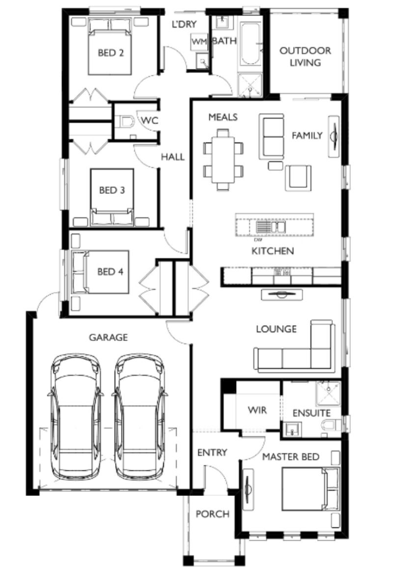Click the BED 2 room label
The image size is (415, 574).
coord(110,53)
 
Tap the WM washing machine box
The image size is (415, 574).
coord(199,42)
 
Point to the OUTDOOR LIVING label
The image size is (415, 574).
coord(305,56)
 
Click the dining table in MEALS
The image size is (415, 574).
coord(223,159)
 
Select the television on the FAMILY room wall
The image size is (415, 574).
coord(333,137)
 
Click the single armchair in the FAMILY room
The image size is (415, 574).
coord(299,178)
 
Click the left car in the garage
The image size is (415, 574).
coord(75,416)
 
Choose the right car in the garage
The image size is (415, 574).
coord(139,416)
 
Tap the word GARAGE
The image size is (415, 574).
coord(109,337)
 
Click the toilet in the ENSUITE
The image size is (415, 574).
coord(331,426)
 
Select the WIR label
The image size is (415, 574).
coord(257,410)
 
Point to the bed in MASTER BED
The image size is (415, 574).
coord(310,489)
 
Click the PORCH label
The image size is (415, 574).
coord(212,514)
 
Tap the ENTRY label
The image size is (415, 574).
coord(212,453)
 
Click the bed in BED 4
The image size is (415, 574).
coord(101,272)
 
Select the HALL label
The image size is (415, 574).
coord(173,157)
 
